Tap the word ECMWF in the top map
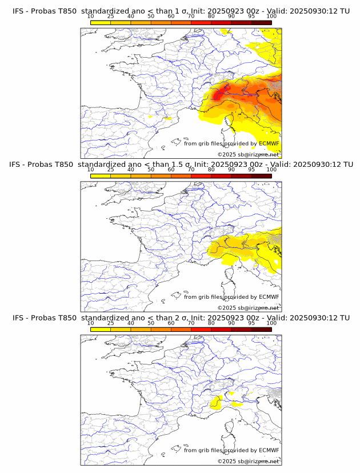point(269,143)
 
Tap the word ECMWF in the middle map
point(269,297)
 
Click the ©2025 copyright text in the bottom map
point(227,461)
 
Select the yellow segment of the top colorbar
point(101,22)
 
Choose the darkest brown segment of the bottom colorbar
point(261,330)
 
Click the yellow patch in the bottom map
point(217,403)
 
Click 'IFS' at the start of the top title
point(18,10)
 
